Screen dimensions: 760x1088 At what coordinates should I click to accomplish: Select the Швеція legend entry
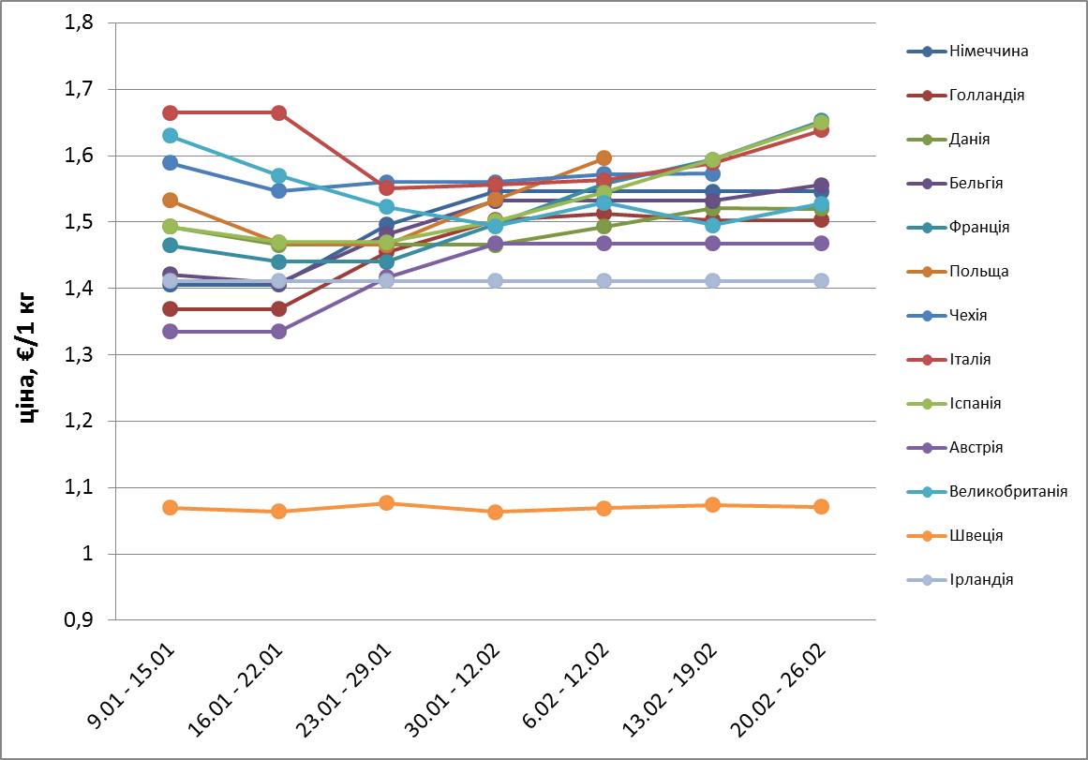pyautogui.click(x=976, y=535)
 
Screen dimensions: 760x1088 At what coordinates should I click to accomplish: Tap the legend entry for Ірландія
pyautogui.click(x=980, y=579)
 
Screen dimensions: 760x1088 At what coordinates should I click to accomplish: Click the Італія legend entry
pyautogui.click(x=971, y=359)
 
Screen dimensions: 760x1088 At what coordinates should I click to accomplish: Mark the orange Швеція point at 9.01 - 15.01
pyautogui.click(x=170, y=508)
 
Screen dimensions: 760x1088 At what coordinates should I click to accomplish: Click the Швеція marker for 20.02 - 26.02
pyautogui.click(x=821, y=507)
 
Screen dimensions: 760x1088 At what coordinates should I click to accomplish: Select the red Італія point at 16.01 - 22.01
pyautogui.click(x=278, y=113)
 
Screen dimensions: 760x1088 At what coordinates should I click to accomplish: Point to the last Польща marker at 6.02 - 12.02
pyautogui.click(x=604, y=157)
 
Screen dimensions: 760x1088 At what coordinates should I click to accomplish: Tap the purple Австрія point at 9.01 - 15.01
pyautogui.click(x=170, y=332)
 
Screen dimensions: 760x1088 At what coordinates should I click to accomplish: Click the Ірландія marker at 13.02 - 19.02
pyautogui.click(x=712, y=281)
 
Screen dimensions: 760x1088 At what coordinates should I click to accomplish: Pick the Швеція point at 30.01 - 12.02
pyautogui.click(x=496, y=512)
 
